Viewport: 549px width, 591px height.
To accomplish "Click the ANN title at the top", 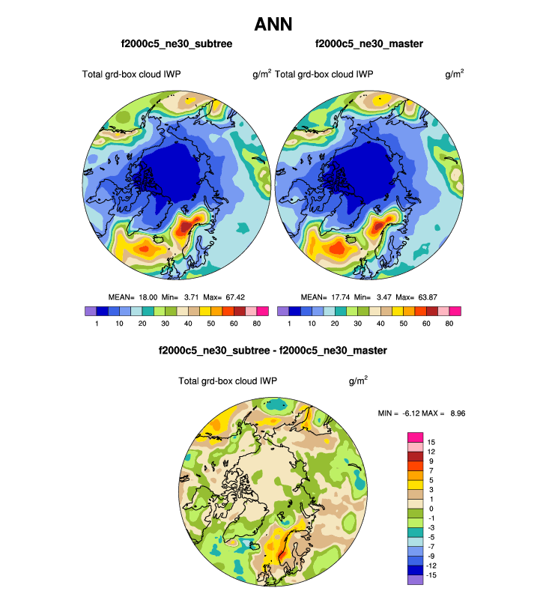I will tap(273, 24).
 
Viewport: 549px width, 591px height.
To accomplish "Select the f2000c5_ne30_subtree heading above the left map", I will tap(176, 44).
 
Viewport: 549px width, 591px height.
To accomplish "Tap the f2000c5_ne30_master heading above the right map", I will tap(369, 44).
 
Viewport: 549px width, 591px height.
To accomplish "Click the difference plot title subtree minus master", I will tap(273, 351).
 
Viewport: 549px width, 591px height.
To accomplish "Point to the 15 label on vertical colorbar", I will tap(431, 442).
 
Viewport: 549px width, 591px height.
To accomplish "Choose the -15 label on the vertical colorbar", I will tap(433, 575).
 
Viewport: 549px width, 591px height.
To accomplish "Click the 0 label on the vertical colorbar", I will tap(431, 509).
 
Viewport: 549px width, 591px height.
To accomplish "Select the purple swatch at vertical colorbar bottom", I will tap(415, 579).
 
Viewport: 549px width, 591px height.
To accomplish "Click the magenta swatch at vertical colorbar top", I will tap(415, 437).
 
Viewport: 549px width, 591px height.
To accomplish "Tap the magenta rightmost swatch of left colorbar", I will tap(262, 311).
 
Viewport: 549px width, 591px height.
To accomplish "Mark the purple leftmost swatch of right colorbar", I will tap(283, 311).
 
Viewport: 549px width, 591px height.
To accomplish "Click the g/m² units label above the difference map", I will tap(358, 381).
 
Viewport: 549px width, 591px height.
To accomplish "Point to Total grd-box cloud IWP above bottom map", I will tap(228, 381).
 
